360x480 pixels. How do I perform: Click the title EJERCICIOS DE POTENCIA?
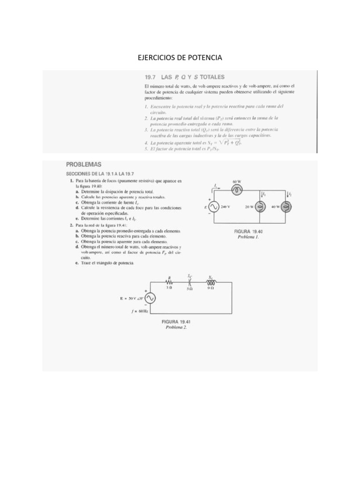click(x=180, y=58)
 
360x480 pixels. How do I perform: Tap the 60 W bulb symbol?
click(x=236, y=190)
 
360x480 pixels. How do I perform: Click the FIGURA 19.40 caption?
click(x=249, y=232)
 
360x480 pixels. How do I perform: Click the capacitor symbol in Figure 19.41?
click(x=190, y=283)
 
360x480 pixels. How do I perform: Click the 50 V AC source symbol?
click(x=150, y=298)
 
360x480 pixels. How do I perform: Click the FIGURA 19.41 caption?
click(x=176, y=322)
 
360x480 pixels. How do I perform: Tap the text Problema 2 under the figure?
click(x=176, y=327)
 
